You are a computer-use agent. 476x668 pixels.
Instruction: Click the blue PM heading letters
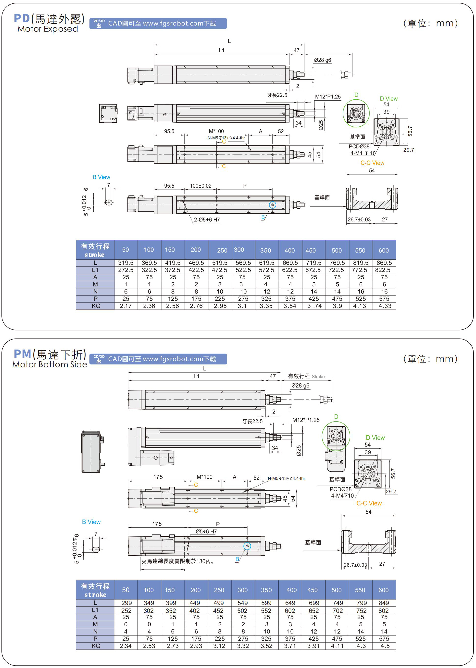(23, 354)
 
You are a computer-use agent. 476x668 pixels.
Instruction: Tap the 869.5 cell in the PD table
(384, 263)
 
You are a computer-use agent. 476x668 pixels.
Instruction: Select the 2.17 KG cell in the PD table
(125, 306)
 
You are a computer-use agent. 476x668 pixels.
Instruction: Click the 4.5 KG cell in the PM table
(385, 646)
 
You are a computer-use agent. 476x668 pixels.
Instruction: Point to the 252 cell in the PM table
(126, 611)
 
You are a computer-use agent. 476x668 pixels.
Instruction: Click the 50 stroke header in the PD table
(125, 250)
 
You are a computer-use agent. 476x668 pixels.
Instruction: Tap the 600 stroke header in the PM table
(383, 590)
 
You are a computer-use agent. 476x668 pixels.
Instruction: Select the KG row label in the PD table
(96, 306)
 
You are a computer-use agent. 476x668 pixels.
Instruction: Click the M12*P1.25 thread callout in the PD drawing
(328, 97)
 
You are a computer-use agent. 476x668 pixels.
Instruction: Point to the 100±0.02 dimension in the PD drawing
(200, 186)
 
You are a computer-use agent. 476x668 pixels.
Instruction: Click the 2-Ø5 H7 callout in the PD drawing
(207, 220)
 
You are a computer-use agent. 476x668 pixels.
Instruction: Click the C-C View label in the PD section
(372, 163)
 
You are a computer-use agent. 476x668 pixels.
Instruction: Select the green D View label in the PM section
(375, 437)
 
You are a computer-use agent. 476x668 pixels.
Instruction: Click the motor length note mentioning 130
(178, 561)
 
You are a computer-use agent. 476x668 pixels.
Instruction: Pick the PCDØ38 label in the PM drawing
(340, 489)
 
